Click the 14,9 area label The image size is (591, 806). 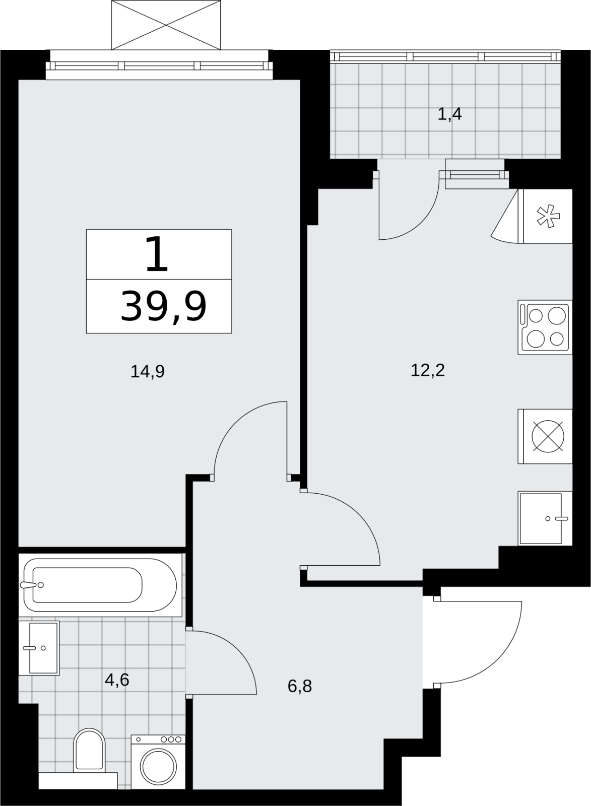click(148, 371)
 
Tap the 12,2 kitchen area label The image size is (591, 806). click(428, 370)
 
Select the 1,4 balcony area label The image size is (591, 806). click(449, 114)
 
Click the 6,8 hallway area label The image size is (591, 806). click(300, 686)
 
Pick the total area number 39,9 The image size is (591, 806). click(163, 307)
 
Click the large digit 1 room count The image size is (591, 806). click(157, 254)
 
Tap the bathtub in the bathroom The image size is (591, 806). click(100, 585)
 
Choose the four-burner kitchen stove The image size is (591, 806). click(545, 327)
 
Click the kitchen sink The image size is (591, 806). click(545, 518)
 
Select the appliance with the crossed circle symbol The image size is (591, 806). click(545, 436)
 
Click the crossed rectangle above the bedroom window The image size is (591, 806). click(166, 25)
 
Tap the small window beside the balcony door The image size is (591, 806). click(475, 175)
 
